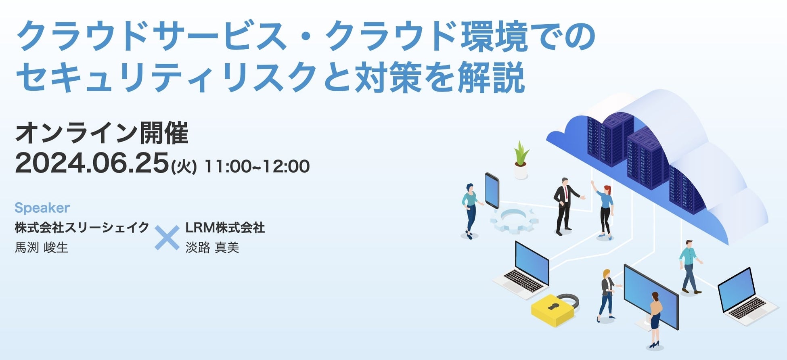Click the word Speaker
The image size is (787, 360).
[x=42, y=208]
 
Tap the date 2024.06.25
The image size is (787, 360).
[x=92, y=163]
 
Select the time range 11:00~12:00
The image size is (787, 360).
[x=257, y=166]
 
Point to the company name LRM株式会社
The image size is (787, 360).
[x=225, y=228]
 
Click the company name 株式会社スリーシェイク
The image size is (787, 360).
[x=82, y=228]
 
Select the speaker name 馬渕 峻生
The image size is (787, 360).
[x=41, y=247]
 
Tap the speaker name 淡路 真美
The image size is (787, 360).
[x=212, y=247]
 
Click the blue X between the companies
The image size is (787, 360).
[x=167, y=238]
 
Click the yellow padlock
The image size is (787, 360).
[x=553, y=309]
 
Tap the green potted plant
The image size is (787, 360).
[x=521, y=160]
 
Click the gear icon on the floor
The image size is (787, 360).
[x=515, y=220]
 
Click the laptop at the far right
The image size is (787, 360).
[x=747, y=297]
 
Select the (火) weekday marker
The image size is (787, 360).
[x=184, y=167]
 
